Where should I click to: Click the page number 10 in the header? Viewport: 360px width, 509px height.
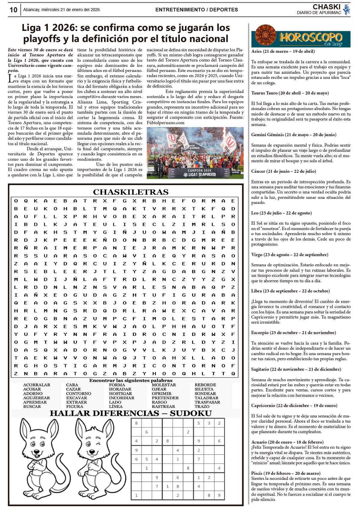(13, 10)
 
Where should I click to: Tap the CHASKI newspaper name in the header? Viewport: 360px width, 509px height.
(326, 7)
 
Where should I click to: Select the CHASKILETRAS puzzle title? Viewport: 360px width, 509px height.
(130, 192)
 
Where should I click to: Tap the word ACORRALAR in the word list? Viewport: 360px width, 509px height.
(37, 385)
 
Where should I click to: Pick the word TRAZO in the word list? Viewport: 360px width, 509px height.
(202, 406)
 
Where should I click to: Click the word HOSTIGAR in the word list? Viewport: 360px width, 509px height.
(120, 394)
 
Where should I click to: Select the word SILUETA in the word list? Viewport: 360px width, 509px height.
(204, 389)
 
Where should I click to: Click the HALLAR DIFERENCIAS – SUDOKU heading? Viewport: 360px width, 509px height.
(130, 413)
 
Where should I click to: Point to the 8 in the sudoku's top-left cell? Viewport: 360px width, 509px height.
(136, 423)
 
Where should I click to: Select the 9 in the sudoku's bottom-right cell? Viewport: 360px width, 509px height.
(219, 495)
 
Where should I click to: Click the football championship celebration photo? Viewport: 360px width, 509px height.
(195, 153)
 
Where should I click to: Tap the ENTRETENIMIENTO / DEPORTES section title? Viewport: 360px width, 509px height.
(196, 10)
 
